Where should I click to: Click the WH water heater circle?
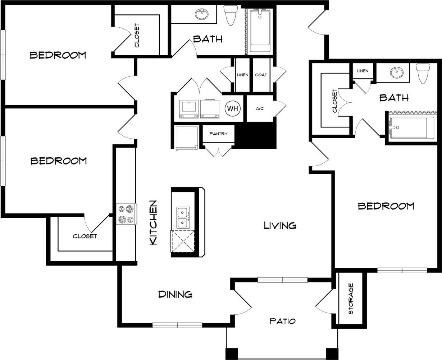click(x=233, y=108)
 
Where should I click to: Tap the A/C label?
click(x=260, y=108)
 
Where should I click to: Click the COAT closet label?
click(x=261, y=75)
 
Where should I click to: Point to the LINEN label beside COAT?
click(x=242, y=75)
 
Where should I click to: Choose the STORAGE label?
click(x=351, y=298)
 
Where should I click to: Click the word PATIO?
click(x=282, y=321)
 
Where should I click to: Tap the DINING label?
click(x=175, y=294)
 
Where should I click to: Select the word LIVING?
click(x=280, y=225)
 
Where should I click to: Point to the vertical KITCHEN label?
click(x=153, y=223)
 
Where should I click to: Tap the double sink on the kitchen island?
click(x=183, y=217)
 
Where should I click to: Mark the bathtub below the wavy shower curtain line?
click(x=410, y=127)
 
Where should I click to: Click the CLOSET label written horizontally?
click(x=85, y=236)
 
